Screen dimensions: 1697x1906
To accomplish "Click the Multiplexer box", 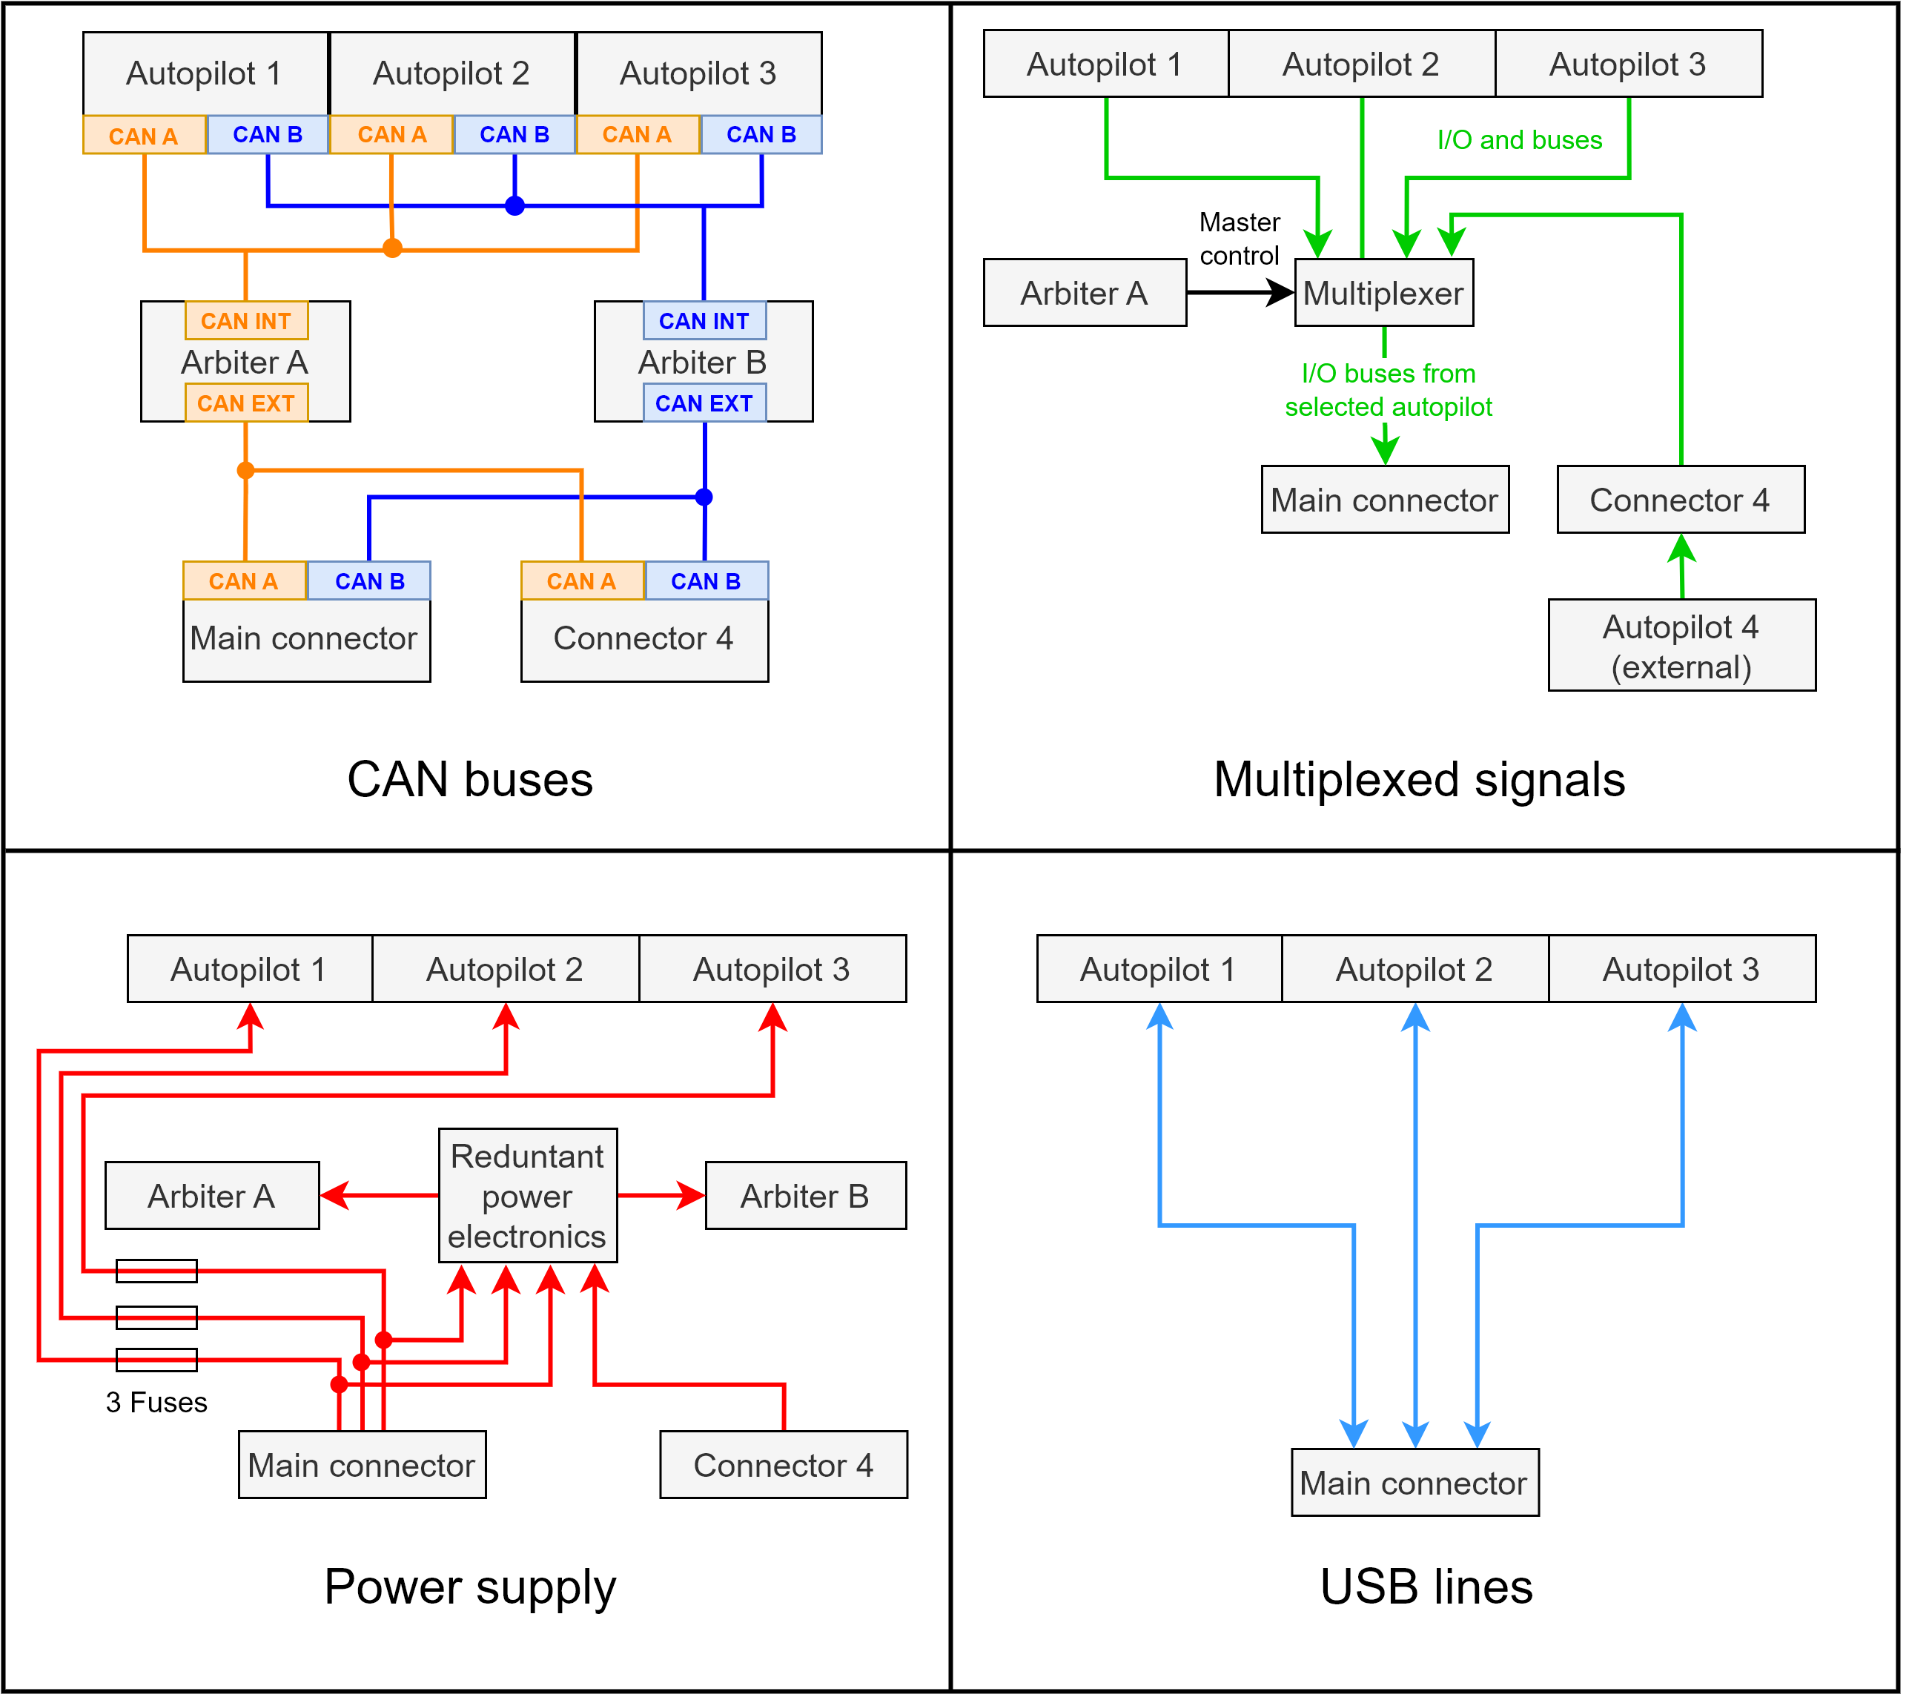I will [1383, 293].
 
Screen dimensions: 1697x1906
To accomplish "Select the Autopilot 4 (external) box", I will [1681, 645].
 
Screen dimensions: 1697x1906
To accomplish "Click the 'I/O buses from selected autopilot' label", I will [1388, 390].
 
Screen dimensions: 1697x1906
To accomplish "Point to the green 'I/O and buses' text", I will [1519, 142].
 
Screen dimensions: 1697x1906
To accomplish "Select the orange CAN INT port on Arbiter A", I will [246, 321].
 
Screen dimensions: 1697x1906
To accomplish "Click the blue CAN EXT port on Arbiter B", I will [704, 404].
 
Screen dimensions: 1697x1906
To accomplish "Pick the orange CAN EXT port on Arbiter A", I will [246, 404].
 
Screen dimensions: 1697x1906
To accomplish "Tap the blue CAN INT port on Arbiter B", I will [704, 321].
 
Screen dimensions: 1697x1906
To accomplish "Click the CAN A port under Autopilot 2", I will [391, 135].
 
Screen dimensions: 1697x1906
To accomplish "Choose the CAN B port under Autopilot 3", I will [761, 135].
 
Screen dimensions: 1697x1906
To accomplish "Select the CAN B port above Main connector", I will [369, 581].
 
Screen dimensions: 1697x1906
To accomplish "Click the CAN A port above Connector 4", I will [582, 581].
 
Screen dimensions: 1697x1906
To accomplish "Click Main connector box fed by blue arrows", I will [1414, 1483].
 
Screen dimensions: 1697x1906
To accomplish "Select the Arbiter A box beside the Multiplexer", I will [1084, 293].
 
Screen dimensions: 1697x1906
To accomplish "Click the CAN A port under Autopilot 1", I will [144, 135].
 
